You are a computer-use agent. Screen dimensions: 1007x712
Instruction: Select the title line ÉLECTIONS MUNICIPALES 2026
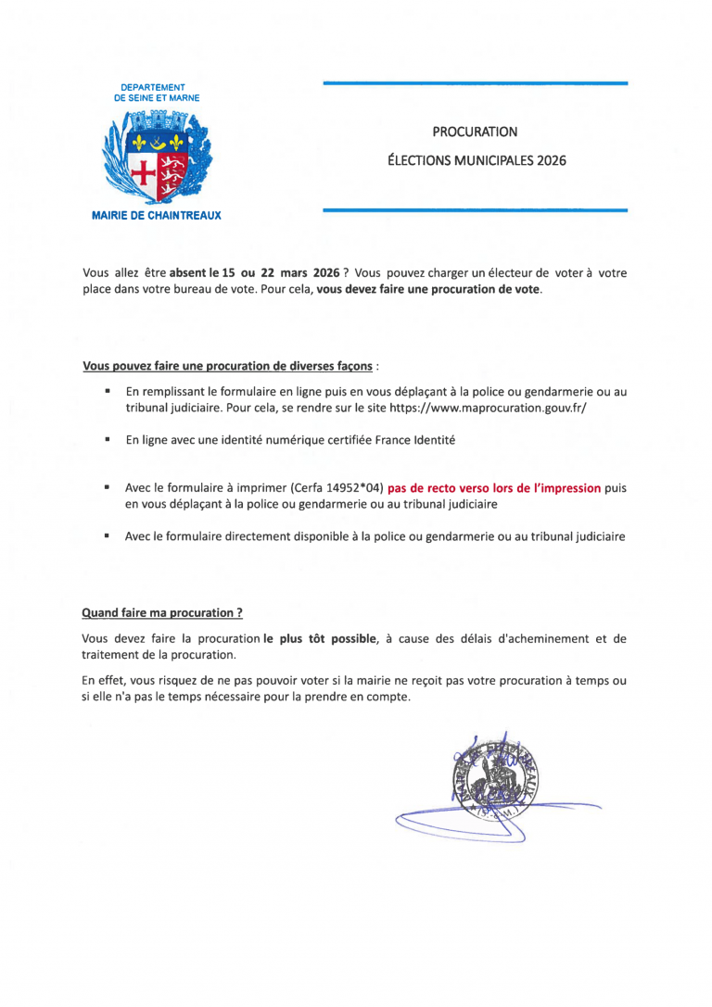(x=476, y=160)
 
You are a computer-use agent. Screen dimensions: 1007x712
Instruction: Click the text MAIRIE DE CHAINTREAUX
(x=157, y=215)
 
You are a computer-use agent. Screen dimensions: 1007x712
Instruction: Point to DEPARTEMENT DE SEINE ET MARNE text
(x=157, y=92)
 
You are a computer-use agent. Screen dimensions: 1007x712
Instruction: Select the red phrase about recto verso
(x=494, y=488)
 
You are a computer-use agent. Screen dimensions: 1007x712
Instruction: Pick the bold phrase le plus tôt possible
(x=320, y=638)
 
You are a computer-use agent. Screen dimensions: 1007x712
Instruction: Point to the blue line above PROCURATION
(x=475, y=84)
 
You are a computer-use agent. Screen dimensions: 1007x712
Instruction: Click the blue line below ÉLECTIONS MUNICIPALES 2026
(x=475, y=211)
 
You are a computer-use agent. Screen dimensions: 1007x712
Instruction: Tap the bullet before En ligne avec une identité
(x=108, y=441)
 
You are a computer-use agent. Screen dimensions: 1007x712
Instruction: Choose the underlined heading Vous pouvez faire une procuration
(x=228, y=365)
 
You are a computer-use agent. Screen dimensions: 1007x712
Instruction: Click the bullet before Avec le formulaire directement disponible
(x=108, y=535)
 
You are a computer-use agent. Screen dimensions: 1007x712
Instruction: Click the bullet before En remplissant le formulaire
(x=108, y=392)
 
